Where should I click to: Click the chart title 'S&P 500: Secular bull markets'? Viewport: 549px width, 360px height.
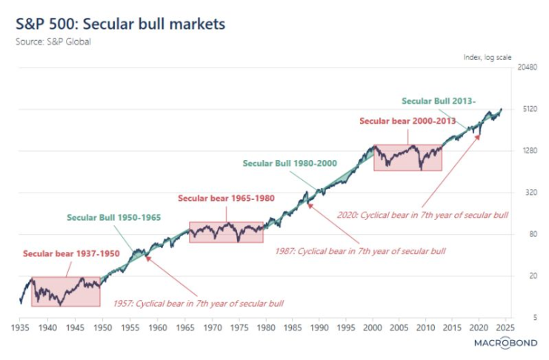[120, 24]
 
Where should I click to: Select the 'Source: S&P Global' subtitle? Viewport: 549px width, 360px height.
[53, 41]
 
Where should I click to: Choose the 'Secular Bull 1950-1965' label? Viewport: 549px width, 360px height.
[114, 218]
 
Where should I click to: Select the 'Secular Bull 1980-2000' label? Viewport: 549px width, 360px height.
[290, 163]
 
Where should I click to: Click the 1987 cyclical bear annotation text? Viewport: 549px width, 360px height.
[371, 252]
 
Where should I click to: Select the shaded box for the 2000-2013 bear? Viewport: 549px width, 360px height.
[407, 158]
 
